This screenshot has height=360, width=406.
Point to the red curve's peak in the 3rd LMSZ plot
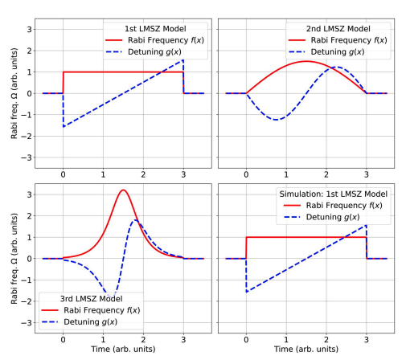pyautogui.click(x=123, y=190)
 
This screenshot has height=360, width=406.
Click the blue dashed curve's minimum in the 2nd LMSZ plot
pyautogui.click(x=277, y=120)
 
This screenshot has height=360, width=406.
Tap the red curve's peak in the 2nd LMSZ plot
pyautogui.click(x=306, y=61)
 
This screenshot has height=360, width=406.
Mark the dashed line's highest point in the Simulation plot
pyautogui.click(x=366, y=225)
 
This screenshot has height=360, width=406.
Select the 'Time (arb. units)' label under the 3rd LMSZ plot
pyautogui.click(x=123, y=350)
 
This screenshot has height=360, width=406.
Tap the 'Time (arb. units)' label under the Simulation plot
pyautogui.click(x=306, y=350)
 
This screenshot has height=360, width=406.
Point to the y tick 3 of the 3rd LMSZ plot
pyautogui.click(x=30, y=194)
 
